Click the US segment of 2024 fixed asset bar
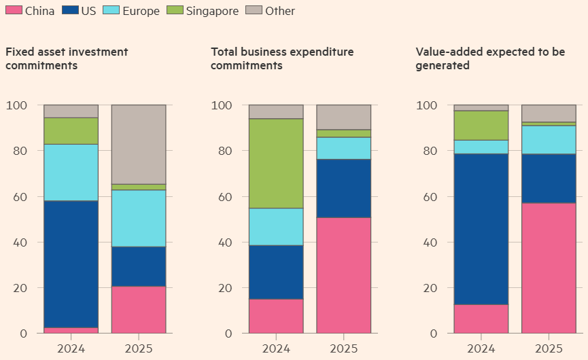(x=71, y=264)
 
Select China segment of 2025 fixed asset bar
(x=139, y=310)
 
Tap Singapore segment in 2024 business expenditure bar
(x=276, y=163)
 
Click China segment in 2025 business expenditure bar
(x=344, y=275)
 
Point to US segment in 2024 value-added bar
(x=481, y=229)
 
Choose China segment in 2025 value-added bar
(x=549, y=268)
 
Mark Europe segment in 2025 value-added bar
(x=549, y=139)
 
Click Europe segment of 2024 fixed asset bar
(x=71, y=173)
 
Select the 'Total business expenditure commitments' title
(x=282, y=58)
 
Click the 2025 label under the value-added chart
(x=549, y=349)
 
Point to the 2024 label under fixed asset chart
(x=71, y=349)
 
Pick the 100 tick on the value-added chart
(x=426, y=105)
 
